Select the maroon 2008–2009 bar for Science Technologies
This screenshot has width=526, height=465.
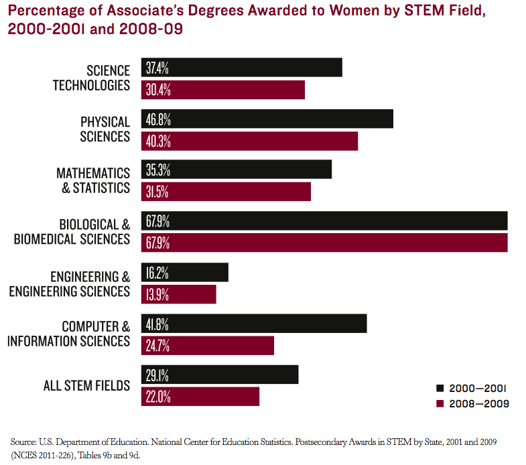tap(222, 90)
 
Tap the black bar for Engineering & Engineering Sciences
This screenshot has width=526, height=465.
tap(185, 272)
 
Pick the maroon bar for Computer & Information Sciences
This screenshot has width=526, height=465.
tap(208, 345)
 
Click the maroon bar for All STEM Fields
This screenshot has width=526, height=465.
tap(200, 396)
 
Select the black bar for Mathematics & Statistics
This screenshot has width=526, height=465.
tap(237, 170)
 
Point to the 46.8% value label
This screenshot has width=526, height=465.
tap(157, 119)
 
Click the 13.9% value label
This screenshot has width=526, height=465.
tap(157, 294)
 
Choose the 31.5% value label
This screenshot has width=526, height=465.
tap(157, 192)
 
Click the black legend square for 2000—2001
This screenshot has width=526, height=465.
tap(440, 388)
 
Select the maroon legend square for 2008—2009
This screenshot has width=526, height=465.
tap(440, 403)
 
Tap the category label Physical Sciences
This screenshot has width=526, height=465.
tap(105, 129)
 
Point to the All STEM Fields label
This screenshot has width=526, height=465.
tap(86, 385)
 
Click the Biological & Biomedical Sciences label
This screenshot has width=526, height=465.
tap(72, 231)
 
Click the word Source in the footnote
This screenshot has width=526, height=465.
tap(23, 442)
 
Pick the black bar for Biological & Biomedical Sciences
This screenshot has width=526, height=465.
tap(324, 221)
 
